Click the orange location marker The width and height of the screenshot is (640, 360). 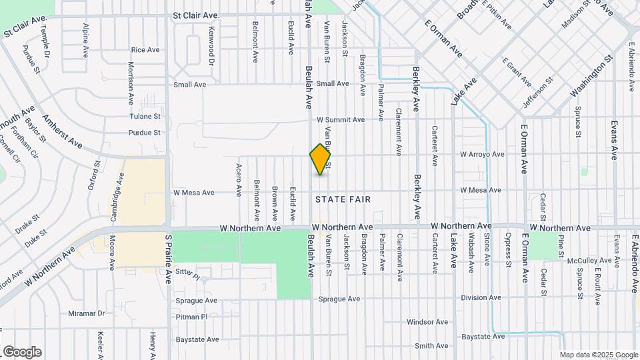click(x=321, y=159)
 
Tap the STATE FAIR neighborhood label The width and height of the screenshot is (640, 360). click(x=342, y=199)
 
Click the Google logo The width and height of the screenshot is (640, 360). click(x=21, y=352)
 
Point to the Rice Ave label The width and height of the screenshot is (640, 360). click(x=145, y=50)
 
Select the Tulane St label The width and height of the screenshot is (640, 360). click(x=146, y=115)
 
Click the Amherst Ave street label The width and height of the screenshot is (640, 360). click(x=62, y=131)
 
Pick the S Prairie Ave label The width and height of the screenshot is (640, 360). click(x=169, y=259)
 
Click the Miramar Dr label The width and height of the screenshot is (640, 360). click(x=87, y=313)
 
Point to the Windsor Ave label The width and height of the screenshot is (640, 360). click(x=427, y=322)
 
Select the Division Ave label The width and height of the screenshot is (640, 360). click(x=481, y=298)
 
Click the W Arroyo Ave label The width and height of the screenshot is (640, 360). click(x=482, y=155)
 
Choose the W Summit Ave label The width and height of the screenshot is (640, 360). click(x=341, y=120)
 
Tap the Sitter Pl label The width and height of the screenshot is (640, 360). click(x=187, y=275)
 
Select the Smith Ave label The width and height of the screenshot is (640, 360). click(x=431, y=346)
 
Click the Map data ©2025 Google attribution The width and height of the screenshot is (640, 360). click(x=599, y=355)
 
